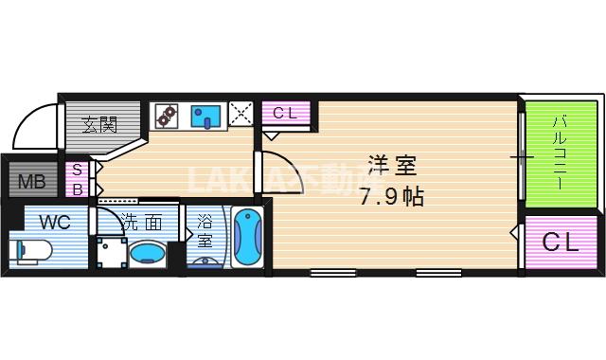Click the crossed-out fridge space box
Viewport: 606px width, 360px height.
241,116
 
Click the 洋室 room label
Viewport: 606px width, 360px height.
392,167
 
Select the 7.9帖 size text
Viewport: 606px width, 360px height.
392,198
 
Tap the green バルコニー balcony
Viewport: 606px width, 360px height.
561,152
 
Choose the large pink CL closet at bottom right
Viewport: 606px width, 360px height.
560,243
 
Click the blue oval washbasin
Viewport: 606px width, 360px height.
147,254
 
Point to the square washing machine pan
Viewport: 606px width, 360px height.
108,253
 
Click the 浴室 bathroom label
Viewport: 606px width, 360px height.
205,233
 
